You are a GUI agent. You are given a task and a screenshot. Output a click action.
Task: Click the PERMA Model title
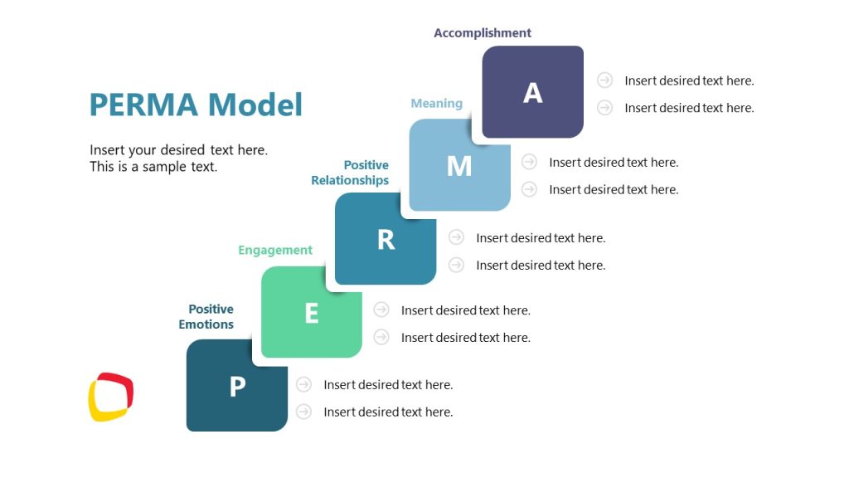[x=196, y=105]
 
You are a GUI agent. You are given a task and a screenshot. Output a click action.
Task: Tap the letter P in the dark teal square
[x=237, y=387]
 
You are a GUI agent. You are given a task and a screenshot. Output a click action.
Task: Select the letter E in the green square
[x=312, y=314]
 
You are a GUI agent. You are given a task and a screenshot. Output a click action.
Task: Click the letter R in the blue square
[x=386, y=240]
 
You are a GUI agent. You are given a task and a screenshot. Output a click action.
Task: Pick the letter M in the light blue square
[x=459, y=166]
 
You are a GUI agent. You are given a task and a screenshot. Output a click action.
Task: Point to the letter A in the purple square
[x=532, y=93]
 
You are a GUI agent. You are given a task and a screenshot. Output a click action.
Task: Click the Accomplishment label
[x=483, y=33]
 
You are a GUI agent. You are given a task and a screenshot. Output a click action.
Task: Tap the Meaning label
[x=436, y=104]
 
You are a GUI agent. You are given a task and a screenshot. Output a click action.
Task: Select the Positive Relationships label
[x=350, y=173]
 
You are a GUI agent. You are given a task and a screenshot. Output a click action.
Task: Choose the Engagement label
[x=275, y=250]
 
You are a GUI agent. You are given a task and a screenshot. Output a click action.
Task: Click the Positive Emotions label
[x=206, y=317]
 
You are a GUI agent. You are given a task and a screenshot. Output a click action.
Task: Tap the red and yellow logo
[x=111, y=397]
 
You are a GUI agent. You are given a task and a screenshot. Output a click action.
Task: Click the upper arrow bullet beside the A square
[x=605, y=80]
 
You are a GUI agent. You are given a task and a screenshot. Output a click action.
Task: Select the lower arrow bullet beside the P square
[x=304, y=412]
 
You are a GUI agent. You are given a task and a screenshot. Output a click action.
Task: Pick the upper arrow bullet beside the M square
[x=530, y=162]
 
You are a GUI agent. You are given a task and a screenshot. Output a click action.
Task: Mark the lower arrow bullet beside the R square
[x=456, y=265]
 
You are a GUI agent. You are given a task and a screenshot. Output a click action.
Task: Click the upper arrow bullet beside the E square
[x=381, y=310]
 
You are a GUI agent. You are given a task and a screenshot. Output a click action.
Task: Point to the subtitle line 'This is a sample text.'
[x=153, y=167]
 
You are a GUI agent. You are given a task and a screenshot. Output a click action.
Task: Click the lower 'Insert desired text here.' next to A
[x=689, y=108]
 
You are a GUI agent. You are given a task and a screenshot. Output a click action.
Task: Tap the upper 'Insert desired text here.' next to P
[x=388, y=385]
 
